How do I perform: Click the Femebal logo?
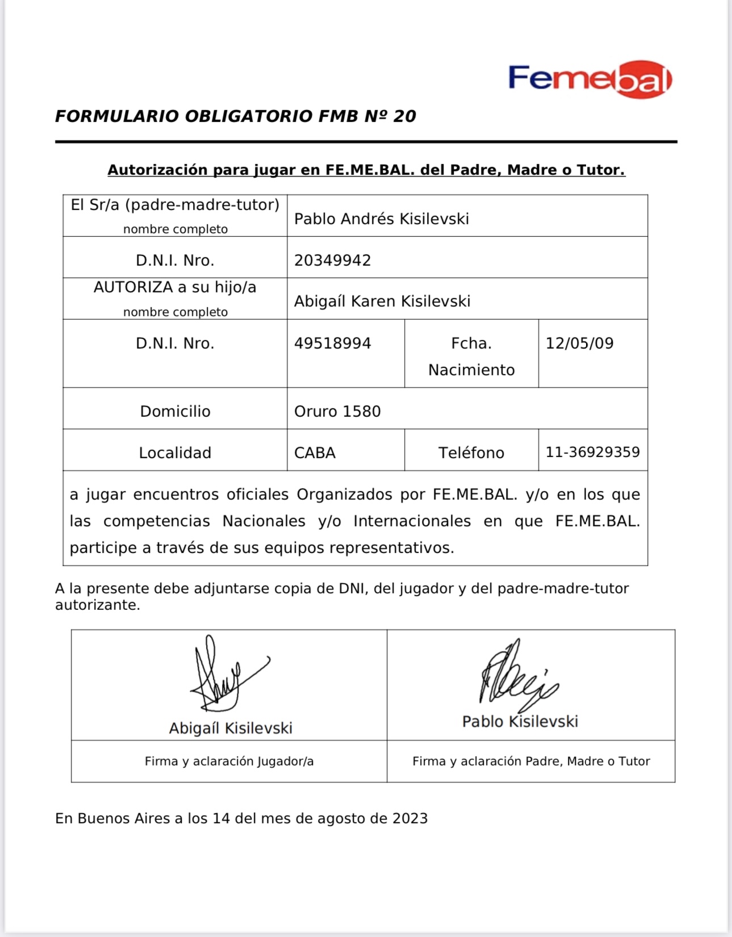589,79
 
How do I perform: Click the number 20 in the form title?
404,116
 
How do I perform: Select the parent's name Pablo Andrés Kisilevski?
381,219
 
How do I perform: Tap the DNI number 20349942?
332,260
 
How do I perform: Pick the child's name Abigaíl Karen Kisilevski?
382,301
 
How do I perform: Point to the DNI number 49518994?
332,343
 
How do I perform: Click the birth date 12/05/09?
579,343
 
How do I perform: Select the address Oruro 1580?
337,411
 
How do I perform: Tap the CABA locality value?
315,453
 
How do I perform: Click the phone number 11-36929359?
592,452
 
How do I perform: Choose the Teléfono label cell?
471,453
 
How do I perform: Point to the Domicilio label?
175,411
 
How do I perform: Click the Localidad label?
175,453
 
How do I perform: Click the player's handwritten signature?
224,676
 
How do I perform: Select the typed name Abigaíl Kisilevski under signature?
231,728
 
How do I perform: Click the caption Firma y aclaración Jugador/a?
229,761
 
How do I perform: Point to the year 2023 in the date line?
410,818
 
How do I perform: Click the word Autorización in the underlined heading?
157,170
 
